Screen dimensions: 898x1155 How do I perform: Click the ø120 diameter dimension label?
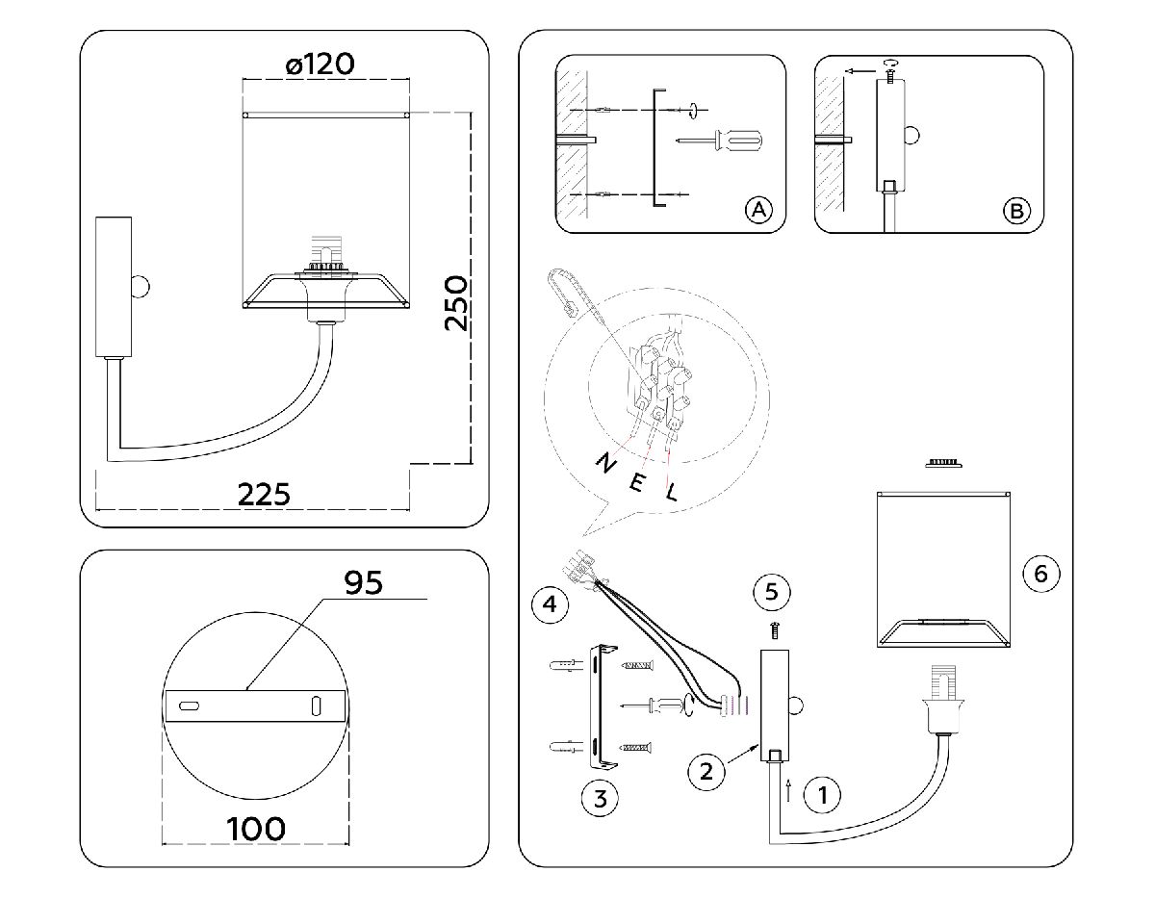click(321, 64)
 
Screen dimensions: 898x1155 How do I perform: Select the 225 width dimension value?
click(264, 494)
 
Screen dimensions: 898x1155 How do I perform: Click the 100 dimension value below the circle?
click(256, 828)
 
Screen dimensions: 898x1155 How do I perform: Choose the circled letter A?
click(758, 210)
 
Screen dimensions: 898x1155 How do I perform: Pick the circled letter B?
click(1016, 210)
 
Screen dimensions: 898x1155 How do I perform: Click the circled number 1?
click(823, 795)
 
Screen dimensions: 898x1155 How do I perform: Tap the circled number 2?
click(706, 770)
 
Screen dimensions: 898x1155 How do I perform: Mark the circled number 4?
click(549, 604)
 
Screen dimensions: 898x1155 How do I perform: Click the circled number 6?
click(1039, 575)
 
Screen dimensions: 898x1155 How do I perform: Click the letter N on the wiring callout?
click(606, 463)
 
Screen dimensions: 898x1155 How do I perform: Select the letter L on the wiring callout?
click(672, 492)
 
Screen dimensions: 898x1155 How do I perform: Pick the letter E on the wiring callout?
click(637, 479)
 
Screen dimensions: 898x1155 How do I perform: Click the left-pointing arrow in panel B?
click(859, 70)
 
